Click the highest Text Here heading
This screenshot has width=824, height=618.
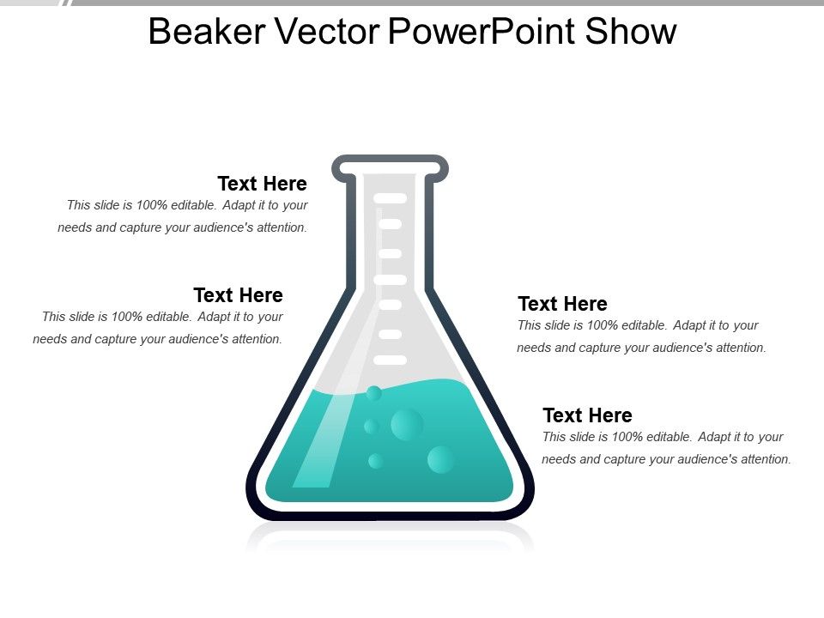[x=262, y=184]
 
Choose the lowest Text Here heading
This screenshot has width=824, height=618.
[x=587, y=415]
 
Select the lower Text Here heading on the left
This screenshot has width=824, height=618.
[x=238, y=295]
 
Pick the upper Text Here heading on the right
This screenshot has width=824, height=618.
[x=562, y=304]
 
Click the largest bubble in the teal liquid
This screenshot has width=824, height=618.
[x=407, y=424]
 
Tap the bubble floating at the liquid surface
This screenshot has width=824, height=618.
[x=373, y=393]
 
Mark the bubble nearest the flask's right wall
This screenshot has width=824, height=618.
[x=441, y=459]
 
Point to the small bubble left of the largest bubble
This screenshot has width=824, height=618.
[x=371, y=427]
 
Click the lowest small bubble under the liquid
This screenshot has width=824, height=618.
[x=375, y=461]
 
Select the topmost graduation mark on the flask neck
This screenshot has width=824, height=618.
[x=390, y=198]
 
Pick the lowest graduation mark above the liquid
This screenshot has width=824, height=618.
[x=390, y=360]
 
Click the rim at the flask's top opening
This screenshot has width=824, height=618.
[x=390, y=161]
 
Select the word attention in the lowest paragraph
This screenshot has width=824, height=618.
[x=762, y=459]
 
